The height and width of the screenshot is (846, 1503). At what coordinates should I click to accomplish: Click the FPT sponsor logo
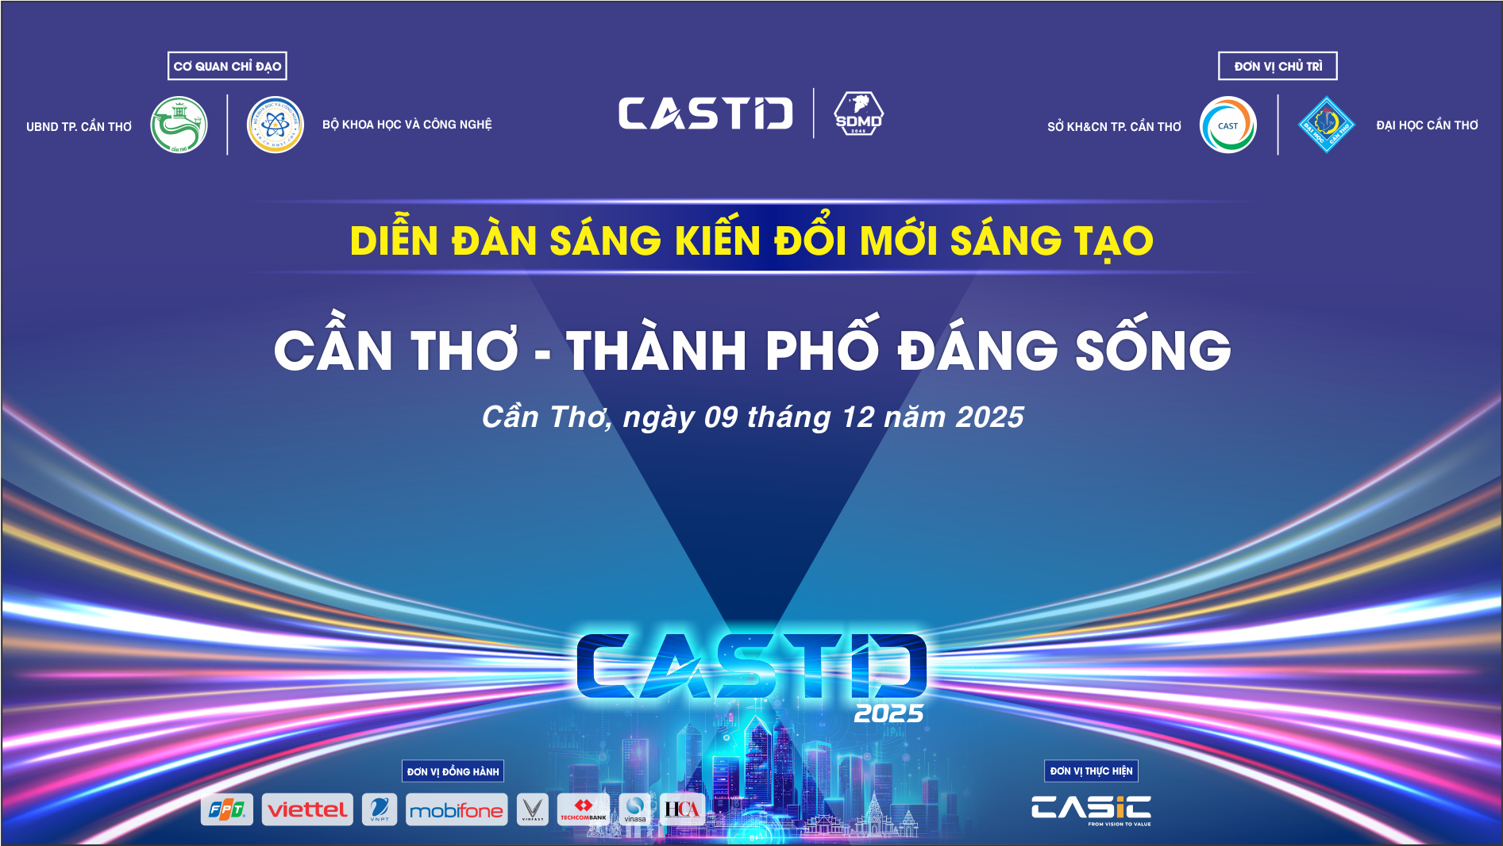click(x=227, y=809)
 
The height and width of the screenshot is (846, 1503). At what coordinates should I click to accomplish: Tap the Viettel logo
click(x=307, y=809)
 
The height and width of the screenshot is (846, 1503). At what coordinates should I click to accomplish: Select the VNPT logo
click(x=380, y=809)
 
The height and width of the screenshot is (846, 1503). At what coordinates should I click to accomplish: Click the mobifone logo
click(x=457, y=809)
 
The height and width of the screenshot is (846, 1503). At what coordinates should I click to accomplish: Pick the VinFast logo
click(x=532, y=809)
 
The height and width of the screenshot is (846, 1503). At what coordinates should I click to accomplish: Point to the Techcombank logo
click(x=584, y=809)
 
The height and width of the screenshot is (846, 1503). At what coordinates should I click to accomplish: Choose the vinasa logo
click(x=635, y=809)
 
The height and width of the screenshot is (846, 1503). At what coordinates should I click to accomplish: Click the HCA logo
click(x=681, y=809)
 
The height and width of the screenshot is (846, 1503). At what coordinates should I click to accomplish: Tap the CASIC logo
click(x=1091, y=809)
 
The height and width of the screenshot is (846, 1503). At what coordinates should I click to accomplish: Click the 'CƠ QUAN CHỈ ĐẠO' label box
click(x=227, y=66)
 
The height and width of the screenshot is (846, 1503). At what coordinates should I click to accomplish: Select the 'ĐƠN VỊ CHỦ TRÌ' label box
click(x=1278, y=66)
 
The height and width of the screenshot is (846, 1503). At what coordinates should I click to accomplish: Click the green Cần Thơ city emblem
click(x=179, y=125)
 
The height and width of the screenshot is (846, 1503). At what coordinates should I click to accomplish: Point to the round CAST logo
click(x=1227, y=125)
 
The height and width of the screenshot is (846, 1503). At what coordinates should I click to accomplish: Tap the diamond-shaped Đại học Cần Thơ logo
click(x=1326, y=125)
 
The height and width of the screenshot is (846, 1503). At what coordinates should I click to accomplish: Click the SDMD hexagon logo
click(x=858, y=113)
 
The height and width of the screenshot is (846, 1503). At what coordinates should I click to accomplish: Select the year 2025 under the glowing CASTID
click(x=888, y=713)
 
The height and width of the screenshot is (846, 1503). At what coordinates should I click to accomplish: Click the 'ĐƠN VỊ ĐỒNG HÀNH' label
click(x=453, y=771)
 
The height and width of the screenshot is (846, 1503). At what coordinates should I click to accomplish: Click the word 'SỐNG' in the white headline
click(x=1153, y=350)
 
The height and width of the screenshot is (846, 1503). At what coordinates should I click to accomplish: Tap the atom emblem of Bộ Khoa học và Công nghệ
click(x=276, y=125)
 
